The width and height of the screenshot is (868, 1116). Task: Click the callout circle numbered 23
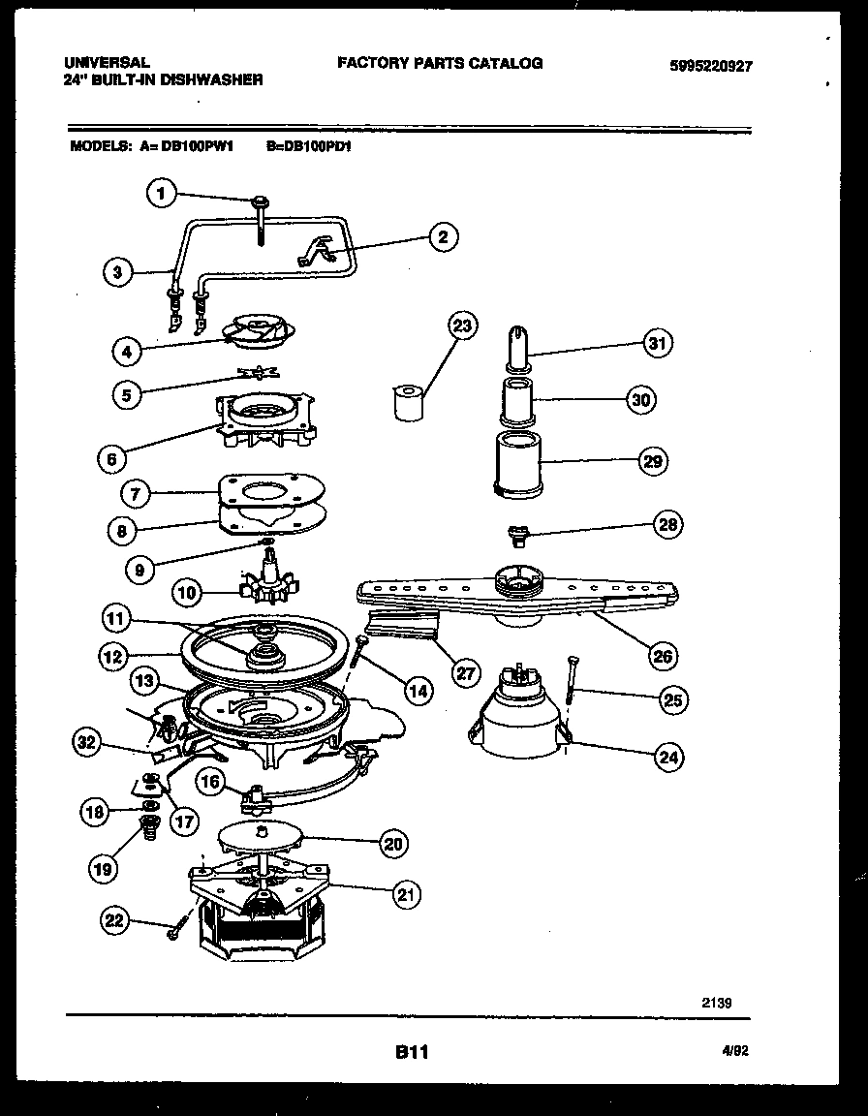[462, 325]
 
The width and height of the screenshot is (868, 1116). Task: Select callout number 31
[659, 343]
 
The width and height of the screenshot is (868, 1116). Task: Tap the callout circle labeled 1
[162, 195]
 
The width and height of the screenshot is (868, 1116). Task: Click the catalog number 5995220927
[710, 67]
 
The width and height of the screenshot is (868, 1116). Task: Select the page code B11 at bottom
[413, 1052]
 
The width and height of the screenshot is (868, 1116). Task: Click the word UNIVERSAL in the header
[107, 63]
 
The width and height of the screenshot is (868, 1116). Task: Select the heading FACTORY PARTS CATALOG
[440, 63]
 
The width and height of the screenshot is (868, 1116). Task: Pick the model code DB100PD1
[307, 148]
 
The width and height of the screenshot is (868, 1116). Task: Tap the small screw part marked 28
[517, 533]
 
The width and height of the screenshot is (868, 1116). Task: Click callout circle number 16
[210, 782]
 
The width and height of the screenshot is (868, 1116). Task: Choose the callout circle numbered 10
[189, 590]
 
